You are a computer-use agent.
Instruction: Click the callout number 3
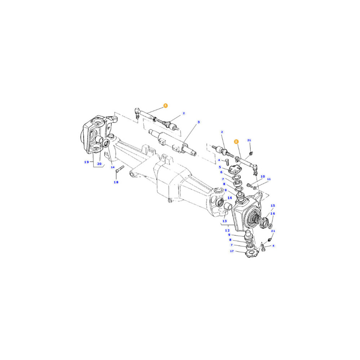pyautogui.click(x=199, y=122)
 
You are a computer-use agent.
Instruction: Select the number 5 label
pyautogui.click(x=220, y=167)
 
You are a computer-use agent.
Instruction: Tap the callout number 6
pyautogui.click(x=221, y=172)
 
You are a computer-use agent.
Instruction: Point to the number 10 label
pyautogui.click(x=263, y=176)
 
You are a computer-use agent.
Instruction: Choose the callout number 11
pyautogui.click(x=269, y=179)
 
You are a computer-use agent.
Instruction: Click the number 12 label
pyautogui.click(x=227, y=230)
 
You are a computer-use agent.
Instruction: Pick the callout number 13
pyautogui.click(x=225, y=221)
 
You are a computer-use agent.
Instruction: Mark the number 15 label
pyautogui.click(x=273, y=206)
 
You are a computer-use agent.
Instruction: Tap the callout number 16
pyautogui.click(x=273, y=213)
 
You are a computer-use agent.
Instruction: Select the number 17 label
pyautogui.click(x=232, y=251)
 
